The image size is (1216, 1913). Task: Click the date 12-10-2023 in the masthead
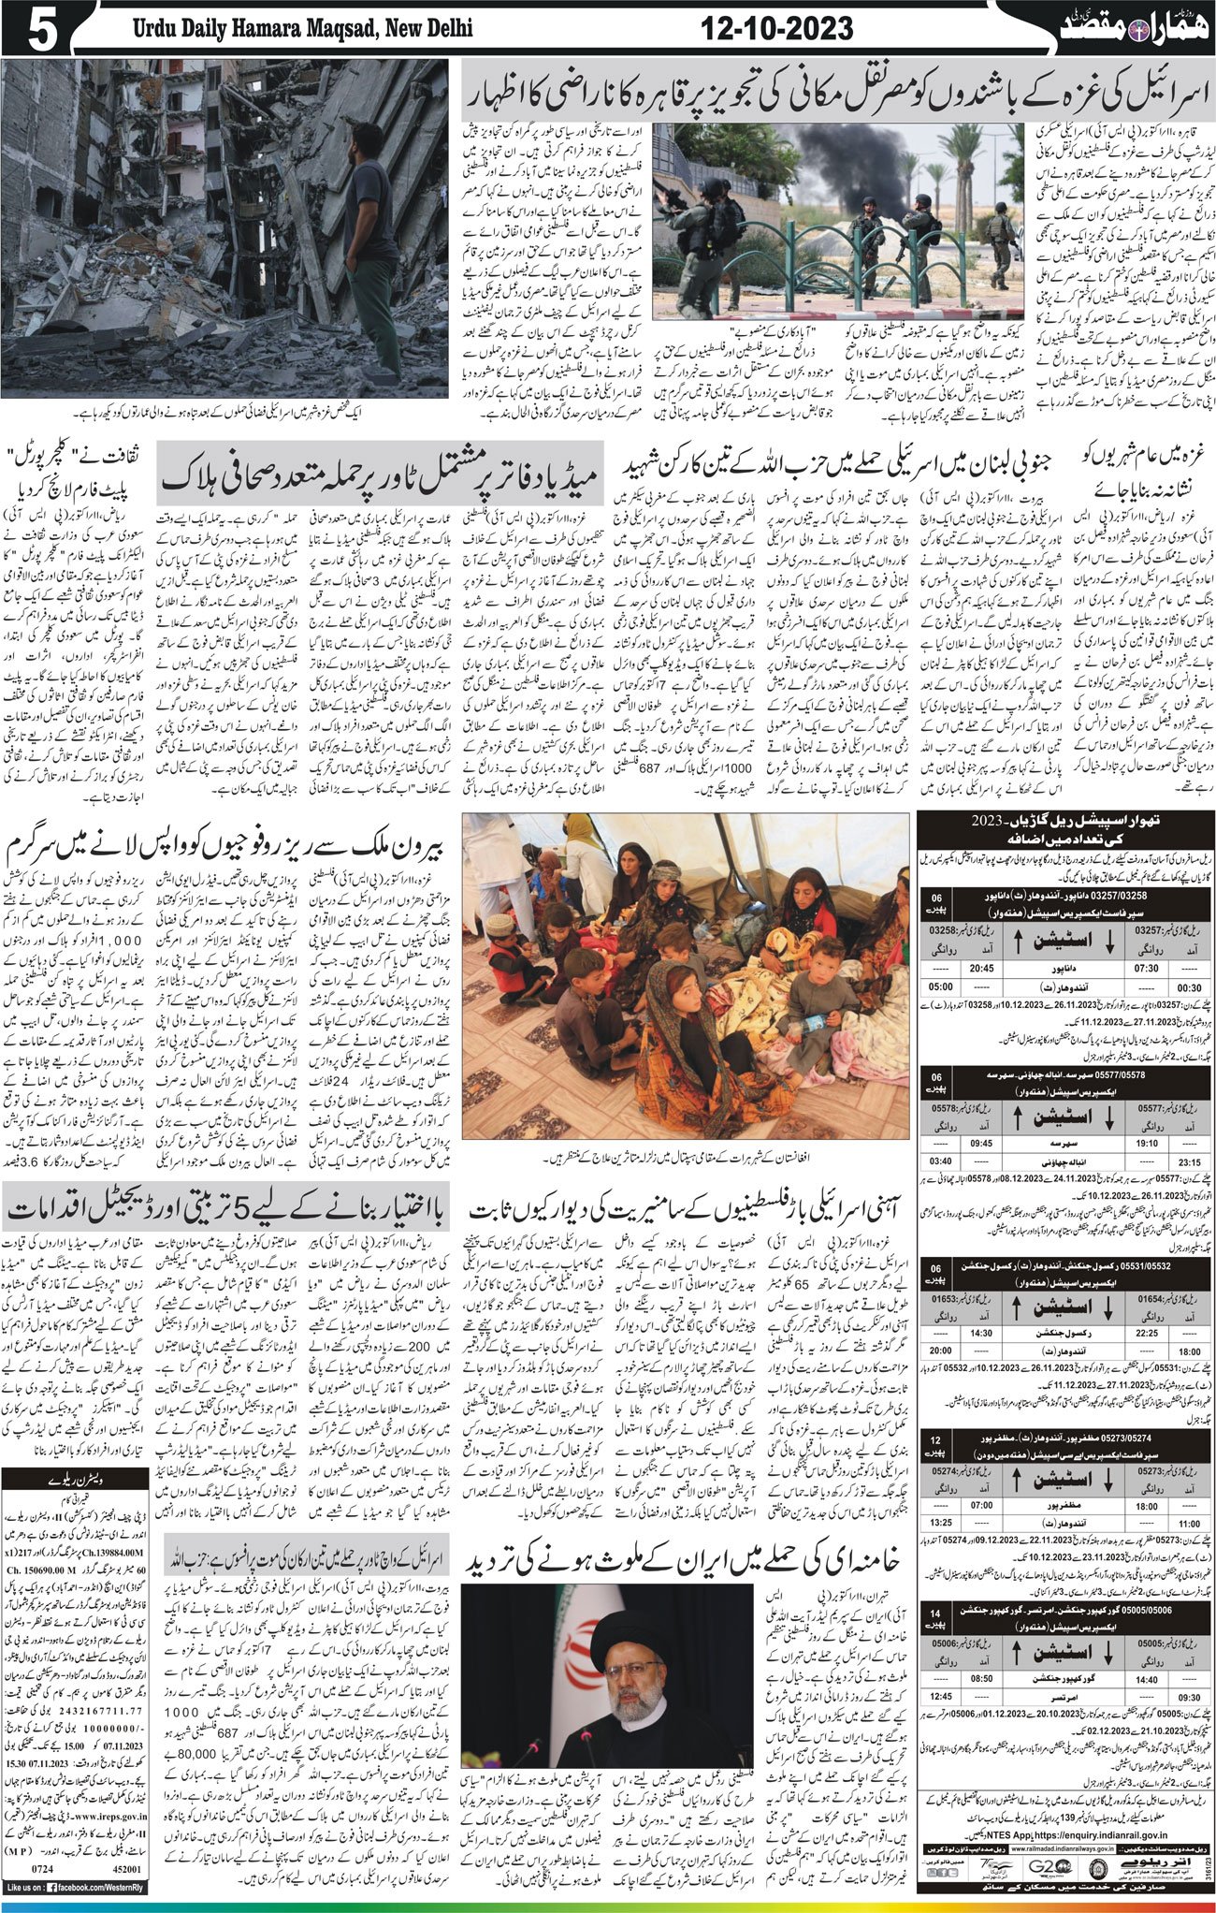pos(778,29)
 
